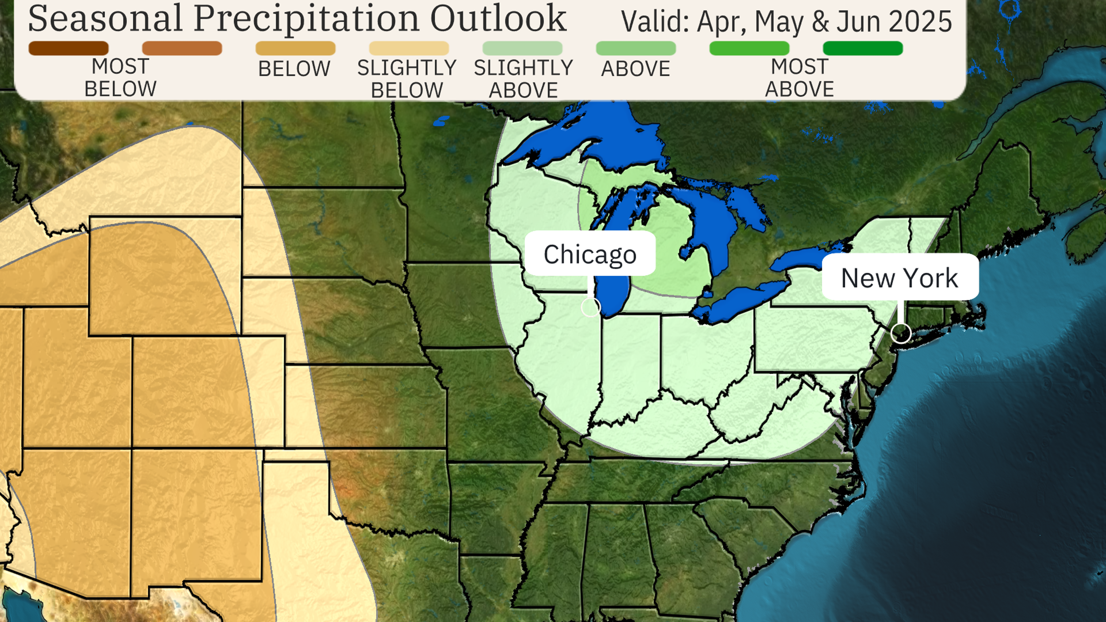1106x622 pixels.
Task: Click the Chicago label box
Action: (x=590, y=254)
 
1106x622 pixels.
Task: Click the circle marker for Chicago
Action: (x=590, y=307)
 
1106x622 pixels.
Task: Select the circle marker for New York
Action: (x=901, y=333)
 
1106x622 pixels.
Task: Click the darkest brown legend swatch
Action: (x=68, y=48)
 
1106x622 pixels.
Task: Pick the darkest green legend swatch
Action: (x=863, y=48)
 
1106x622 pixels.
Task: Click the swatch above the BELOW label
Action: (x=296, y=48)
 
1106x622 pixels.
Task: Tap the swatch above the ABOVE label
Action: (x=636, y=48)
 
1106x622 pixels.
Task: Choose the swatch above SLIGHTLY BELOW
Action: (x=409, y=48)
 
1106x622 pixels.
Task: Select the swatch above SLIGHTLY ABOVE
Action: (x=522, y=48)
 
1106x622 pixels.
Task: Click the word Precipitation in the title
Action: (x=306, y=19)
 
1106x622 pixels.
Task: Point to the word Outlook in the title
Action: (x=498, y=19)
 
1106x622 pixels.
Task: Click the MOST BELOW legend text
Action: (x=120, y=78)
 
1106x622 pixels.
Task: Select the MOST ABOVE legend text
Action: (x=800, y=78)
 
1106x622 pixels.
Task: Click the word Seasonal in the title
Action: (x=105, y=19)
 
